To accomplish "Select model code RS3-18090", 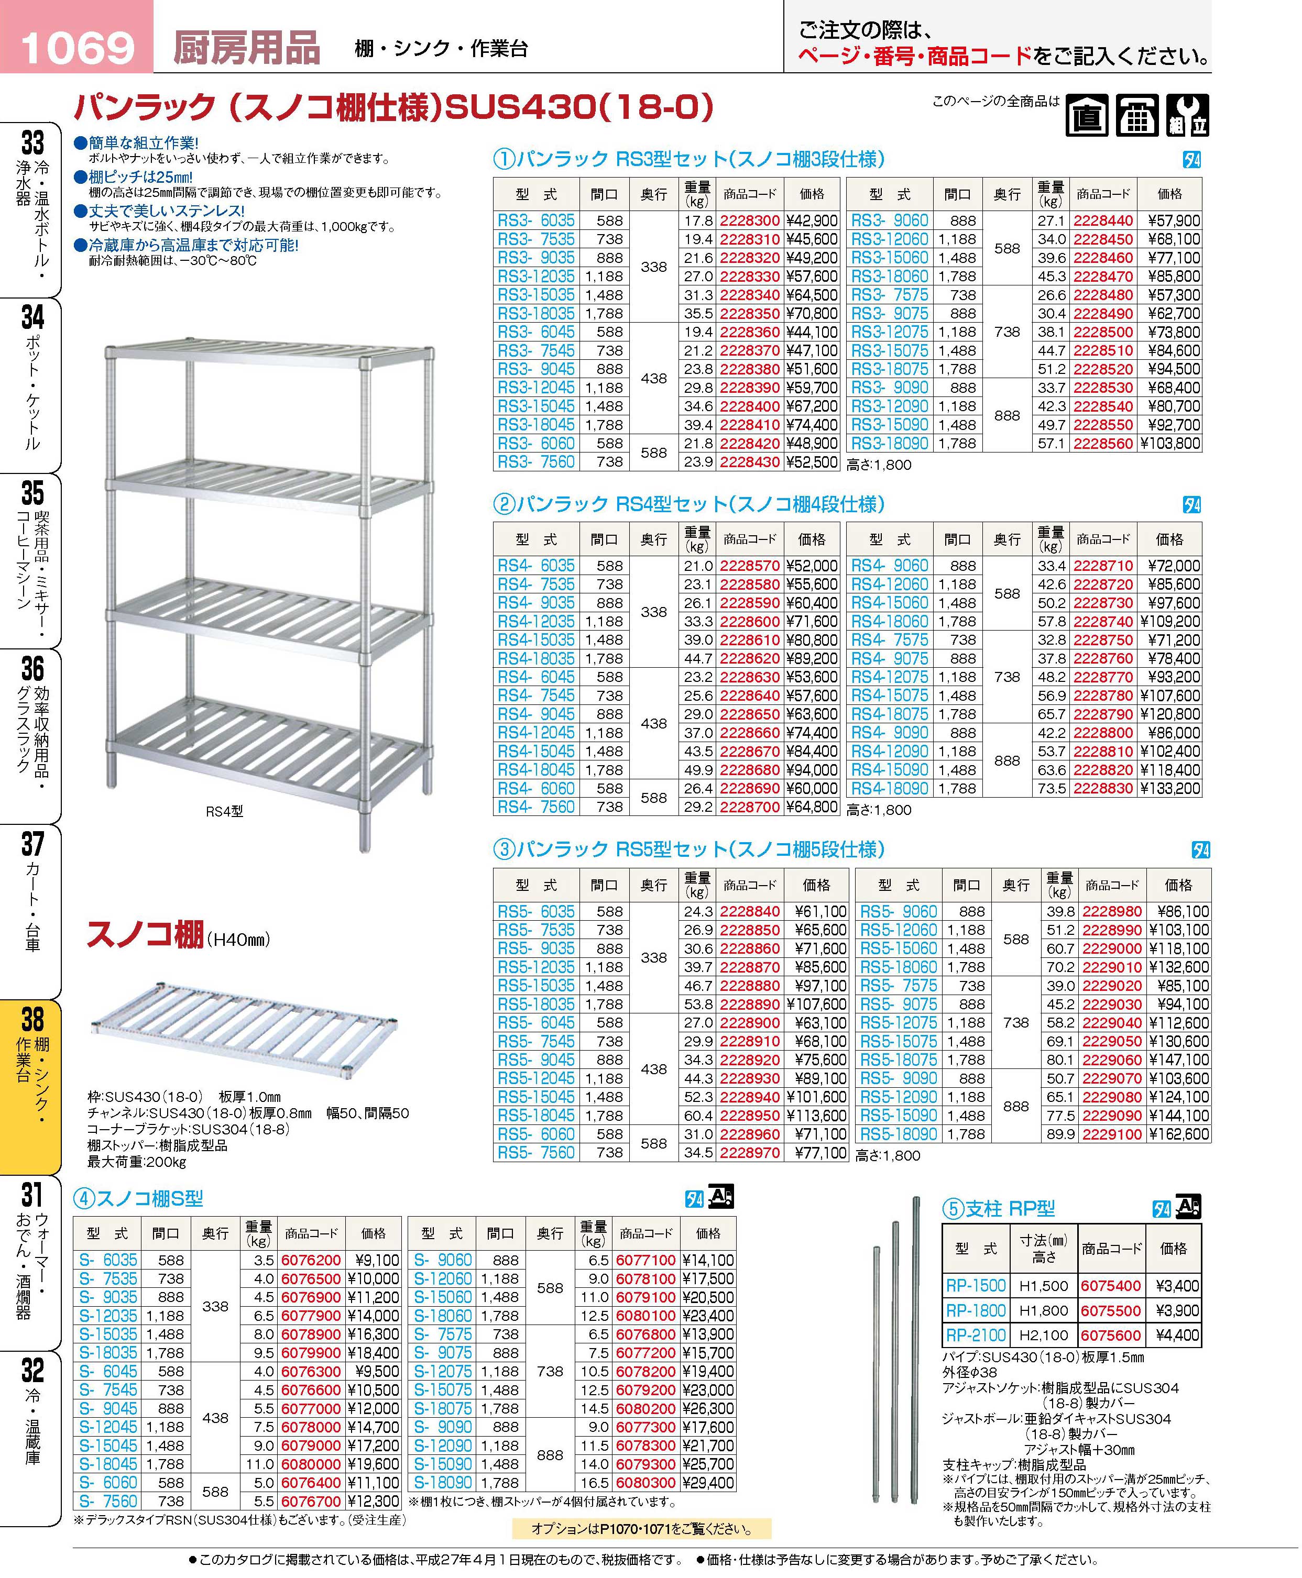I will pos(890,443).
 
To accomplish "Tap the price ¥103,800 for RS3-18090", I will pos(1170,443).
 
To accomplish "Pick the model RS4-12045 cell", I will pos(535,732).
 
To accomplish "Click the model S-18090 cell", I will pos(444,1483).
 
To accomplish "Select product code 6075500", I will pos(1110,1310).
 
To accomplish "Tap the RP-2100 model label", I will pos(975,1335).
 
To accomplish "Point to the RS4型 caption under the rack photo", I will pos(224,811).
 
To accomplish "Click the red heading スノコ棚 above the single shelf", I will pos(146,935).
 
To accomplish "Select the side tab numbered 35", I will pos(31,558).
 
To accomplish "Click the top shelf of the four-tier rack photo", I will pos(270,355).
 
